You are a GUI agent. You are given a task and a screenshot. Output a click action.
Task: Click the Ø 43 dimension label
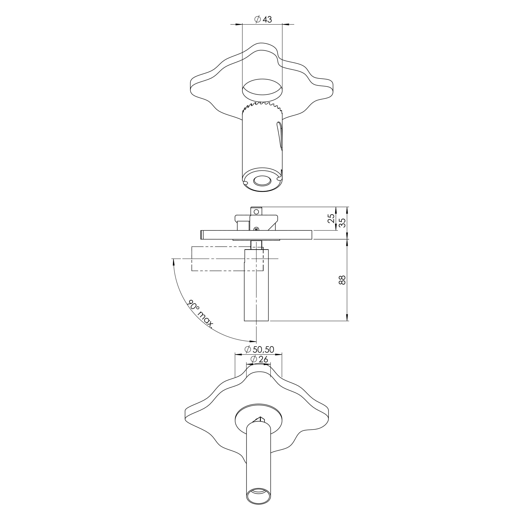[263, 19]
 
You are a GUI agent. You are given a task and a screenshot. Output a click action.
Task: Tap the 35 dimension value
[342, 223]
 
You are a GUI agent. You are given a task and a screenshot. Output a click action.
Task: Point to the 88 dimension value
[342, 280]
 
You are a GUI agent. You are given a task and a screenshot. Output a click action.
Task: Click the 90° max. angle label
[200, 314]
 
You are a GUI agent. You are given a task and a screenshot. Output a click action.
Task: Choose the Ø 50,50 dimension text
[259, 350]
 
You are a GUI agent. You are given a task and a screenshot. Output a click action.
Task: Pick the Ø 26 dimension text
[259, 359]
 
